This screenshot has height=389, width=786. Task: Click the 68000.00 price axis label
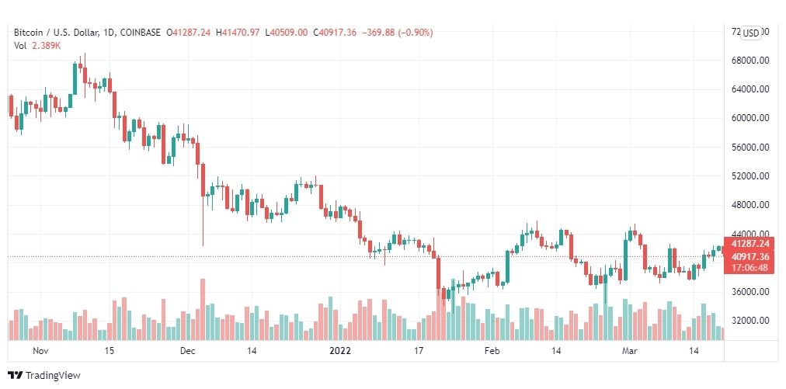(750, 60)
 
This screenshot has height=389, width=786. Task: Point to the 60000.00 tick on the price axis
(750, 118)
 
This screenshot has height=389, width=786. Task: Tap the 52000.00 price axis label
(750, 175)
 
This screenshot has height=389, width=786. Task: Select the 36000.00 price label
(750, 292)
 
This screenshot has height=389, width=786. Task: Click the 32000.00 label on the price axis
(750, 321)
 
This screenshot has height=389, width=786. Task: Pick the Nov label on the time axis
(41, 351)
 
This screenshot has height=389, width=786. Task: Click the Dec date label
(186, 351)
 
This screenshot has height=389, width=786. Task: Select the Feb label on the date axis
(491, 351)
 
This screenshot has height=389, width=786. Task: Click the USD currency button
(751, 33)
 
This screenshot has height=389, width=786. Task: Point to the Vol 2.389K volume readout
(37, 46)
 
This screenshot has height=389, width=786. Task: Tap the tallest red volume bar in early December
(203, 309)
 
